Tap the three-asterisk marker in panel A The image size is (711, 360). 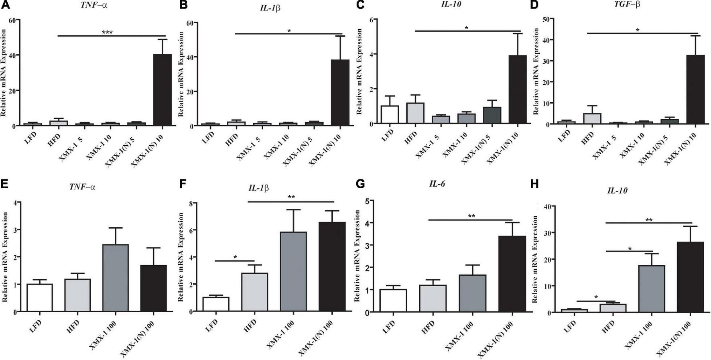[x=107, y=33]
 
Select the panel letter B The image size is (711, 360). [x=184, y=5]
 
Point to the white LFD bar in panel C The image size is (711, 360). [x=390, y=114]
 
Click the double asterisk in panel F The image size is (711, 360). [x=291, y=197]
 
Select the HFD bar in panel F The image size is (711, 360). [x=254, y=292]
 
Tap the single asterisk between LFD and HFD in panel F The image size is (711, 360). [x=235, y=257]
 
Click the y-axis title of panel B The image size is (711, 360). [x=181, y=74]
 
